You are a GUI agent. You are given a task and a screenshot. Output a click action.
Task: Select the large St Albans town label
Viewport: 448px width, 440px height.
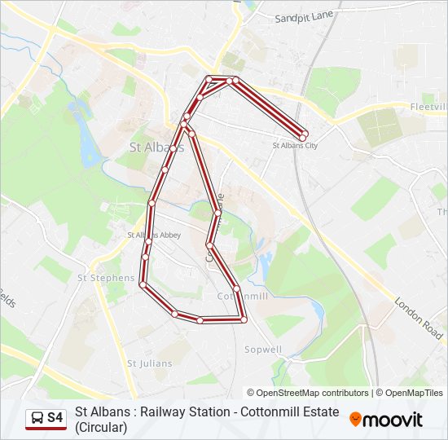click(x=157, y=147)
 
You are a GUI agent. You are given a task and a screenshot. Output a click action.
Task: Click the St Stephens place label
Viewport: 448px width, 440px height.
click(x=106, y=278)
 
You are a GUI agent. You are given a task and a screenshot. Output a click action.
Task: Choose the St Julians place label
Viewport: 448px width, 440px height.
click(x=149, y=363)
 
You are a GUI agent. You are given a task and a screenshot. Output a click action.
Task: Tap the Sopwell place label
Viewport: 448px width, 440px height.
click(x=263, y=350)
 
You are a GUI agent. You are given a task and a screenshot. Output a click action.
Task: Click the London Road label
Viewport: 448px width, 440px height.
click(x=419, y=319)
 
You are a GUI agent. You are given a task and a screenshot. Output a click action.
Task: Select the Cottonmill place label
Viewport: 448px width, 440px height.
click(x=243, y=297)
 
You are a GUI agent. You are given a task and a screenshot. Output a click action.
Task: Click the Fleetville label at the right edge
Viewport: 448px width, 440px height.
click(x=428, y=107)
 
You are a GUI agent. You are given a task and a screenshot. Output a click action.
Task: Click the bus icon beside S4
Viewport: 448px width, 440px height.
click(x=37, y=418)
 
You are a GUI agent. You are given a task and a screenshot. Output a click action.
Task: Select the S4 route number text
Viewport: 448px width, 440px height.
click(x=55, y=418)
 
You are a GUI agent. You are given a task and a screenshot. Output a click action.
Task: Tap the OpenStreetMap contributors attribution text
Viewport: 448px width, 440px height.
click(x=308, y=393)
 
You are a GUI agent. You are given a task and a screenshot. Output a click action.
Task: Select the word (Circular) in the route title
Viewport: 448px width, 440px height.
click(x=101, y=426)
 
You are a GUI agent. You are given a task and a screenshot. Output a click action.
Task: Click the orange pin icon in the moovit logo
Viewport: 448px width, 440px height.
click(x=355, y=419)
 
